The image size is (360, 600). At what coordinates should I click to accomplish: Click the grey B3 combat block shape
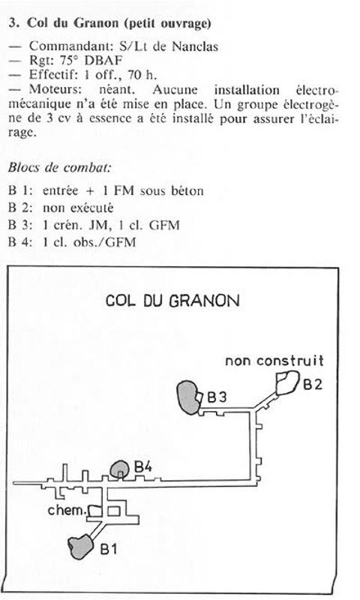(x=188, y=397)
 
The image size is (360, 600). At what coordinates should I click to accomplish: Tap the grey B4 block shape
(x=120, y=469)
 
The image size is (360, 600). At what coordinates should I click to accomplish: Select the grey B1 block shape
(x=81, y=547)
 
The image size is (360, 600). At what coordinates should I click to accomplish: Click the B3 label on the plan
(x=217, y=397)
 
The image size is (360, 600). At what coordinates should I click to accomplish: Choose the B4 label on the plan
(x=143, y=466)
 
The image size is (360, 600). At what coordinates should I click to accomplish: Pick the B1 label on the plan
(x=109, y=549)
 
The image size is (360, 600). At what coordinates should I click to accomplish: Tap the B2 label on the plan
(x=313, y=384)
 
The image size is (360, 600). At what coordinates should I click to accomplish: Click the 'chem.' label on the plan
(x=66, y=510)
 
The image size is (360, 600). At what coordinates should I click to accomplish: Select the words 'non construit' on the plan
(x=274, y=361)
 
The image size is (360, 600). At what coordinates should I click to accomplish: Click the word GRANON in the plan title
(x=204, y=301)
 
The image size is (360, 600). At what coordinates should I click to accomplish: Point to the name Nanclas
(x=195, y=46)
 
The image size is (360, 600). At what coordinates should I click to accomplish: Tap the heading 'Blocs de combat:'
(x=60, y=167)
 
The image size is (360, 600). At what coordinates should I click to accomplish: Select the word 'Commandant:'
(x=71, y=46)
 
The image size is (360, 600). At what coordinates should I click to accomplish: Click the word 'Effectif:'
(x=53, y=74)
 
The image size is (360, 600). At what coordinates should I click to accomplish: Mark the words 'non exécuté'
(x=78, y=208)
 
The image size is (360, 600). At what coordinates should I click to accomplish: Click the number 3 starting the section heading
(x=13, y=23)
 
